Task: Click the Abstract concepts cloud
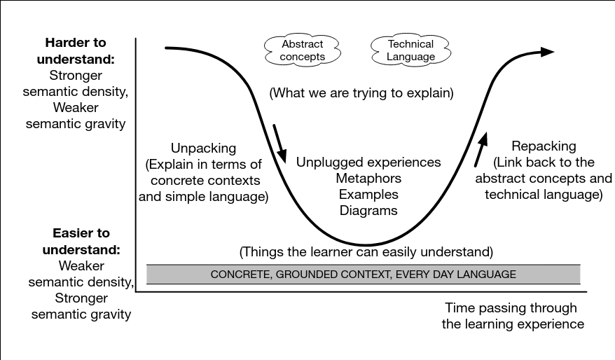303,50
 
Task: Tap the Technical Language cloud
410,50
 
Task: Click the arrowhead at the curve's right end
546,51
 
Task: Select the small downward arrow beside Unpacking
280,143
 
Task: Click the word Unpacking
203,148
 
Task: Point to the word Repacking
544,146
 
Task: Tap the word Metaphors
368,178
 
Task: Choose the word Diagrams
368,210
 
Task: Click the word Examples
368,194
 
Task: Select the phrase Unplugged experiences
368,162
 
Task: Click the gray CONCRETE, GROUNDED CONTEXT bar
363,274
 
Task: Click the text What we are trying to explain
361,92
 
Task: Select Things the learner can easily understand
366,251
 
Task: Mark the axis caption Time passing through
511,308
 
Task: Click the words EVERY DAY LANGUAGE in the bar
456,275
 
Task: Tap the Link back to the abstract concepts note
544,179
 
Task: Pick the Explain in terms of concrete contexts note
203,181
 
